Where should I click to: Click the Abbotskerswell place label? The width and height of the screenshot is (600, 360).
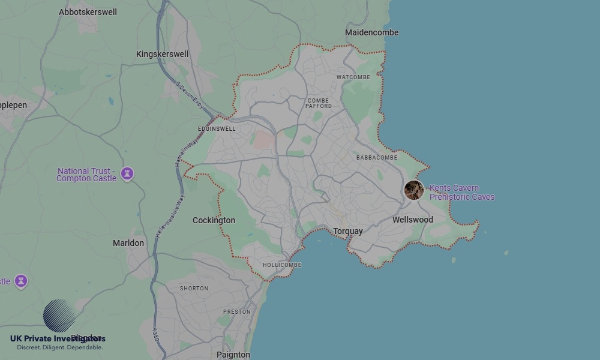click(x=88, y=12)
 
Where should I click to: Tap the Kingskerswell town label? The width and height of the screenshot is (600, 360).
click(x=162, y=54)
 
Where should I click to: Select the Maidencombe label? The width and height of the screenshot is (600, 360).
click(x=371, y=32)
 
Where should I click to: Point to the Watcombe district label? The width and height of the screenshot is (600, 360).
click(x=353, y=77)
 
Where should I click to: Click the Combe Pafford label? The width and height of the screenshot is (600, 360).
click(x=319, y=103)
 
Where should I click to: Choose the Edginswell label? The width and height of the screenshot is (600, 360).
click(x=217, y=129)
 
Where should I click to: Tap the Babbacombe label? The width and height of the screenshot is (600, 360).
click(x=377, y=158)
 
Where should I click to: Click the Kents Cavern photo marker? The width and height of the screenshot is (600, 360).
click(x=414, y=190)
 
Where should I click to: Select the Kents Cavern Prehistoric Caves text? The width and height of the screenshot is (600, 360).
click(x=461, y=193)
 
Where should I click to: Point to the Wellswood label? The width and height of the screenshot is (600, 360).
click(x=412, y=220)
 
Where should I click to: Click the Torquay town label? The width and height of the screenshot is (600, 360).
click(x=348, y=231)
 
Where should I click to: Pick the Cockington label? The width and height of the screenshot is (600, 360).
click(x=214, y=220)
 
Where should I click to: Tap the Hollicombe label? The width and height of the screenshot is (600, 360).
click(x=282, y=265)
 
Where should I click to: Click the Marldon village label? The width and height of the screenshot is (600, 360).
click(x=128, y=243)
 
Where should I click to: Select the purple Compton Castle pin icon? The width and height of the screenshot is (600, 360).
click(x=127, y=173)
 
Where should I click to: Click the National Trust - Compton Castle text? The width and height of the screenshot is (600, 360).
click(x=87, y=175)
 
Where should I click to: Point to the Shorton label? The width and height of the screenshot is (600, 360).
click(x=194, y=289)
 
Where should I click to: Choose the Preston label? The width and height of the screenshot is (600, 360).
click(x=236, y=312)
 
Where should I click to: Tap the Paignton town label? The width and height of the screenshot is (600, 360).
click(x=233, y=355)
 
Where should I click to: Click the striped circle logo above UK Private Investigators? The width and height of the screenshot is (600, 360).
click(x=59, y=316)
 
